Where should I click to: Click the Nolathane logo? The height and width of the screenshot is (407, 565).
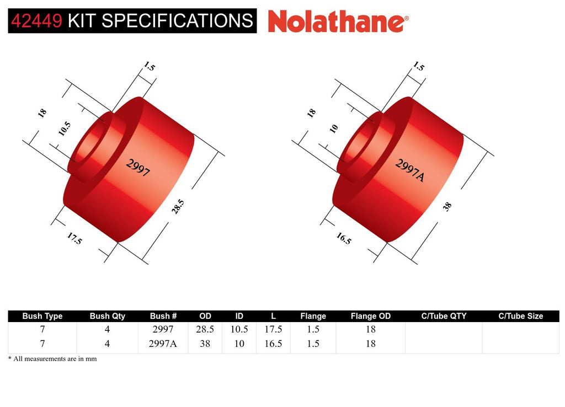point(338,22)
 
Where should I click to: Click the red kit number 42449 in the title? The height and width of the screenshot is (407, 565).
point(36,21)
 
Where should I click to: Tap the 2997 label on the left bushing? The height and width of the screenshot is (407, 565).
point(138,168)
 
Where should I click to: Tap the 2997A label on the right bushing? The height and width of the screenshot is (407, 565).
point(410,170)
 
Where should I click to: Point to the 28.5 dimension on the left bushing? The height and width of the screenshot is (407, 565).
point(178,206)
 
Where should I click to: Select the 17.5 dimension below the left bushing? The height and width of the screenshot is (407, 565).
point(74,238)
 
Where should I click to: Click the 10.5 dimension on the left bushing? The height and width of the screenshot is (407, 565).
point(65,128)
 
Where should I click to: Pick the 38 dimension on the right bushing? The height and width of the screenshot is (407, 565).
point(447,206)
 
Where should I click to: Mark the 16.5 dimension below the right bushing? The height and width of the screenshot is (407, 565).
point(343,238)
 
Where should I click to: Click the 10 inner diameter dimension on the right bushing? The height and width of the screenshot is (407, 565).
point(334,128)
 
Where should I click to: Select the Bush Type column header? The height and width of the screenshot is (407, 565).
point(42,316)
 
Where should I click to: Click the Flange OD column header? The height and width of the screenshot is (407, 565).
point(371,316)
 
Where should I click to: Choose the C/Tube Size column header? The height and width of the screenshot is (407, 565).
point(521,316)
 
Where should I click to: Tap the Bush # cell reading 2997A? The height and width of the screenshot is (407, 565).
point(163,344)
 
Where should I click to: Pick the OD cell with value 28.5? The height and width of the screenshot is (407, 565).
point(205,329)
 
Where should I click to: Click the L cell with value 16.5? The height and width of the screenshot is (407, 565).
point(273,344)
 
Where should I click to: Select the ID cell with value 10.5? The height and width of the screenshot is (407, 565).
point(239,329)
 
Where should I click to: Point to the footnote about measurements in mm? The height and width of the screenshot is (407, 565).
point(52,358)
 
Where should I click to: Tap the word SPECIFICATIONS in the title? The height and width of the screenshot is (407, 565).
point(177,21)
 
